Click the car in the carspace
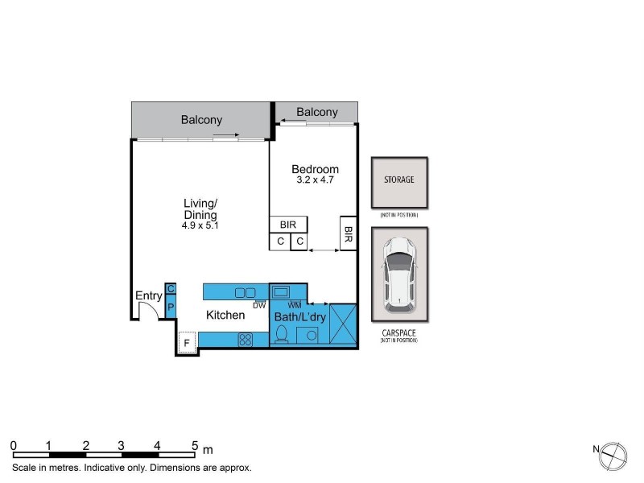399,275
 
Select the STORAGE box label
398,180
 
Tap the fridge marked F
187,344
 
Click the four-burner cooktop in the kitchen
246,340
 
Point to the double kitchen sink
245,292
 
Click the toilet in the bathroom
281,336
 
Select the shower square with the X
342,325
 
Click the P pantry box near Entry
171,308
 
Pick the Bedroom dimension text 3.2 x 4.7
315,180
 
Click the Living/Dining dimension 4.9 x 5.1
200,226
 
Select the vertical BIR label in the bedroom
349,233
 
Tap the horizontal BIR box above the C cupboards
288,225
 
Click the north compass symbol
613,454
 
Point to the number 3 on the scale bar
121,445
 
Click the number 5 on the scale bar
194,445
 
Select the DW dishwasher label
259,305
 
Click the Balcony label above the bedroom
317,112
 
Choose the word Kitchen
225,315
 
